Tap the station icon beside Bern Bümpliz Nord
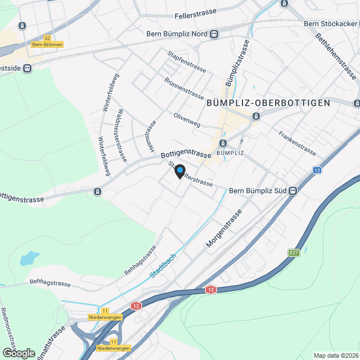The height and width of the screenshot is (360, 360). (x=214, y=34)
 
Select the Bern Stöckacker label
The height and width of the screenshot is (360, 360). (x=331, y=24)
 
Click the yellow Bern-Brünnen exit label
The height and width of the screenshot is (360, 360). (x=47, y=44)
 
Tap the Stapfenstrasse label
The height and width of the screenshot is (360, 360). (x=187, y=62)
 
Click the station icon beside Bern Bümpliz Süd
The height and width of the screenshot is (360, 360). (x=292, y=191)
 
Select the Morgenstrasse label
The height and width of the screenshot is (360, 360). (x=224, y=229)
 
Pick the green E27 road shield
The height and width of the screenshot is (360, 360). (x=294, y=253)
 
